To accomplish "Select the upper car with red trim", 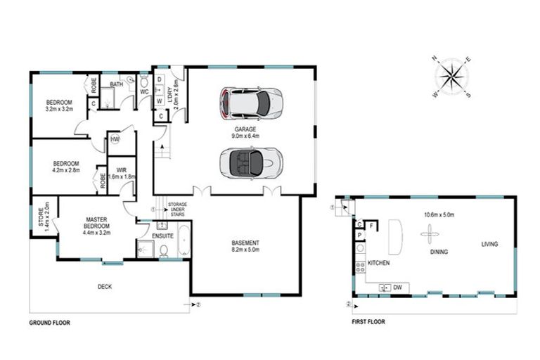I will (x=251, y=103).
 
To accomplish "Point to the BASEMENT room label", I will (x=245, y=243).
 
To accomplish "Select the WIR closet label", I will (x=121, y=169).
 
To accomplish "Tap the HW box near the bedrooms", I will (x=115, y=140).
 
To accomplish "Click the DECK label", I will (x=105, y=286).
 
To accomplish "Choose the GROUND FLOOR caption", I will (x=50, y=323).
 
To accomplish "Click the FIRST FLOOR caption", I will (x=368, y=323).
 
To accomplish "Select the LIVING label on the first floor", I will (x=489, y=244).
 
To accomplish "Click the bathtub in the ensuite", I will (x=184, y=240).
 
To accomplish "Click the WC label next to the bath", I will (x=143, y=91).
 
